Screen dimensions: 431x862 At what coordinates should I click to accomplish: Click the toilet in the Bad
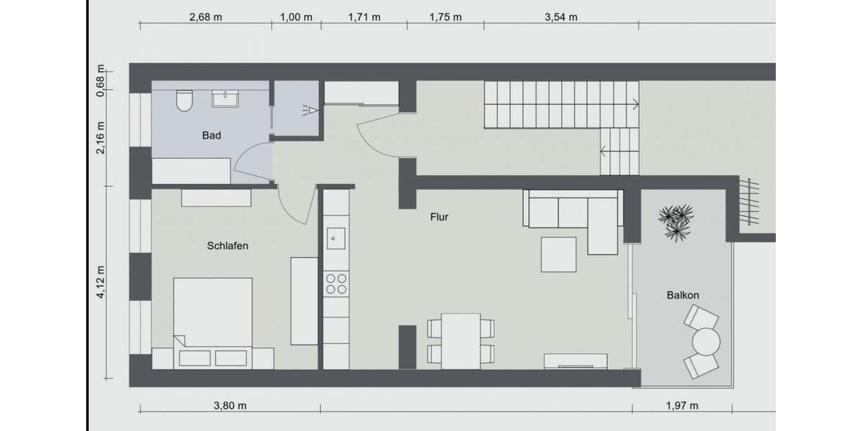click(x=184, y=101)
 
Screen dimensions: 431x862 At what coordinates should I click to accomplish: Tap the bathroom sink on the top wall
click(x=226, y=98)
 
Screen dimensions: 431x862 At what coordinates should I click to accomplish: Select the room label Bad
click(x=211, y=135)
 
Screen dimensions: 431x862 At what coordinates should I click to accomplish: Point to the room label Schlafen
click(x=227, y=246)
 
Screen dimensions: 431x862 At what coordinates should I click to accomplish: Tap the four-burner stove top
click(x=335, y=283)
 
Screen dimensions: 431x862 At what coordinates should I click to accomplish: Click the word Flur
click(x=439, y=216)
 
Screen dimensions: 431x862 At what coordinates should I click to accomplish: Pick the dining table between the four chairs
click(x=460, y=340)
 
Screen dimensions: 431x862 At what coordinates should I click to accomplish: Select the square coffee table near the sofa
click(x=558, y=254)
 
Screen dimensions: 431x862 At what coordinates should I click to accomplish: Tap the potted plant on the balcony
click(x=676, y=221)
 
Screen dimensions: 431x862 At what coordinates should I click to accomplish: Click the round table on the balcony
click(x=705, y=341)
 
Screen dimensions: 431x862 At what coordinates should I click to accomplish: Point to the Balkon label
click(x=682, y=295)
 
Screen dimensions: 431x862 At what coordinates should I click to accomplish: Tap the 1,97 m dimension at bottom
click(x=682, y=405)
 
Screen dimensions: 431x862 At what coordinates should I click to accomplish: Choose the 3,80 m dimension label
click(x=230, y=405)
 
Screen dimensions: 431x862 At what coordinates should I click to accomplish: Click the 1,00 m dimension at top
click(x=296, y=17)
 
